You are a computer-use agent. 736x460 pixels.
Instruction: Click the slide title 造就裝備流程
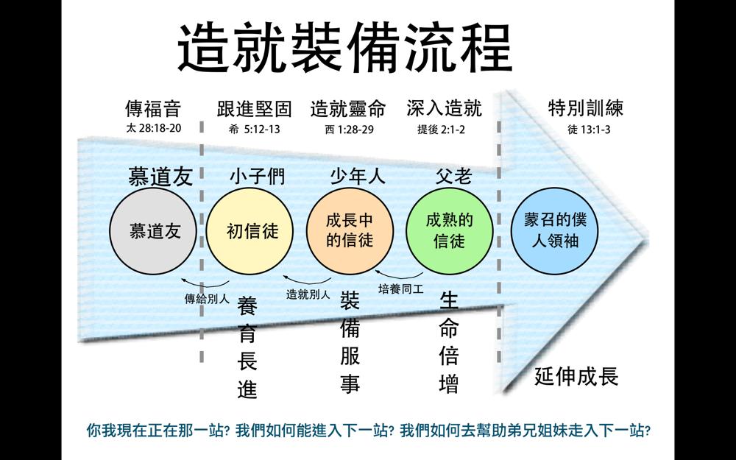tap(345, 48)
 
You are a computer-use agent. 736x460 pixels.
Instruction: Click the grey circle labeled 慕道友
tap(153, 231)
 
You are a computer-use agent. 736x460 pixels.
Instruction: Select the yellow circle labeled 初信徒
tap(250, 231)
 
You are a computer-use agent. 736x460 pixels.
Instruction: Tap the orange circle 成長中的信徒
tap(350, 231)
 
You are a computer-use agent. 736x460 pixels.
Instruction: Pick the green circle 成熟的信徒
tap(449, 231)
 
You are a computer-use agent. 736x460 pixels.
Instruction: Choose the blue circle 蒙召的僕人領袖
tap(554, 231)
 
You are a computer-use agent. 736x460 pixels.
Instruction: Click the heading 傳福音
tap(153, 109)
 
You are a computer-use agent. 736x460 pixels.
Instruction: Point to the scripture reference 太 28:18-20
tap(154, 128)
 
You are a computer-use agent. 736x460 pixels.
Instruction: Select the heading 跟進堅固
tap(255, 109)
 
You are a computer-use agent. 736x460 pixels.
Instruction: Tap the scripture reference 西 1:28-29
tap(349, 130)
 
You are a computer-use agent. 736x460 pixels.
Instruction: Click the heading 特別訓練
tap(586, 108)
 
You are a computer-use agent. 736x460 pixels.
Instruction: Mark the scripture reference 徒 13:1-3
tap(589, 130)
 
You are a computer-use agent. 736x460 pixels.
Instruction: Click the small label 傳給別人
tap(207, 299)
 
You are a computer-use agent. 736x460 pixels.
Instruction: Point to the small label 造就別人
tap(308, 295)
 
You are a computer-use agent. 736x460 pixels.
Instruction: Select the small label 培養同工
tap(401, 289)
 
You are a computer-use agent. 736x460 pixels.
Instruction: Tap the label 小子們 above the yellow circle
tap(257, 177)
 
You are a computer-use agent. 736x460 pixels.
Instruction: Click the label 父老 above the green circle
tap(453, 177)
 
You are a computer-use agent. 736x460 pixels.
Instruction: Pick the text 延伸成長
tap(576, 376)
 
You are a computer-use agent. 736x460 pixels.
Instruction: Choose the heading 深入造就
tap(444, 108)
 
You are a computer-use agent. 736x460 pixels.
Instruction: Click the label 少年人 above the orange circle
tap(358, 177)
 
